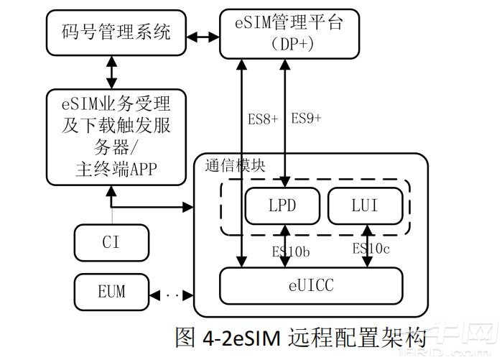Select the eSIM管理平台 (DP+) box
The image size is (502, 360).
289,32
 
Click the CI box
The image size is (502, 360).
111,242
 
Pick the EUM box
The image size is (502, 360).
111,292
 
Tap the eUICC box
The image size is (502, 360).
310,285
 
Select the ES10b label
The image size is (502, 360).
291,251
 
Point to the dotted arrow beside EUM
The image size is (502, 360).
172,293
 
